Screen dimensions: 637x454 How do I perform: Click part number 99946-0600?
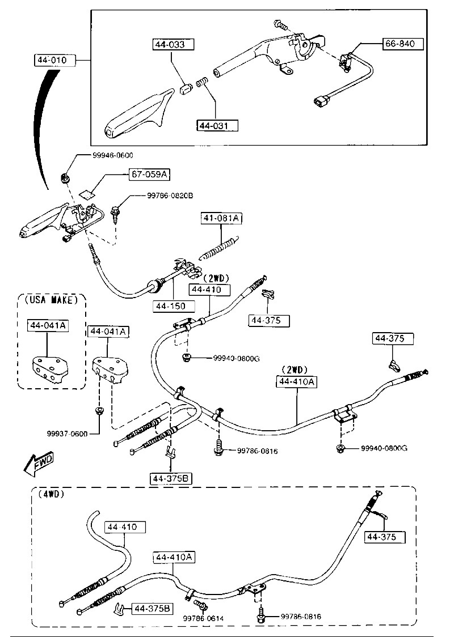(113, 155)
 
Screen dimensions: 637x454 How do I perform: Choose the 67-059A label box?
(150, 175)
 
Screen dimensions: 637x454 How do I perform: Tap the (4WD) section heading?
(52, 494)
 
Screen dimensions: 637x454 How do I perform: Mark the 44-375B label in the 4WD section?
(152, 608)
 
